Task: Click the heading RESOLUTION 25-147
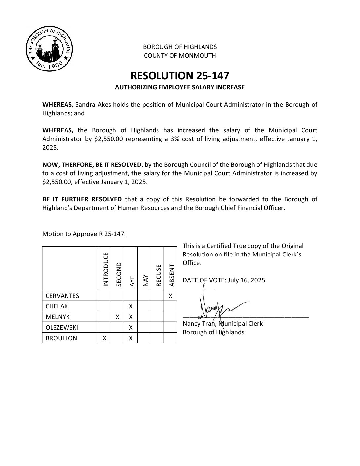180,76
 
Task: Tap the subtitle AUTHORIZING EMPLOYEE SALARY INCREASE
180,87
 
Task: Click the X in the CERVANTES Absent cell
170,296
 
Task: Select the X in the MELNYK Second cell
117,317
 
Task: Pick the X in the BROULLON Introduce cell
104,338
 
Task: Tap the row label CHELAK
57,306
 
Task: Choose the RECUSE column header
158,275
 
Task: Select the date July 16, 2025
246,280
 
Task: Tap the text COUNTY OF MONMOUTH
180,56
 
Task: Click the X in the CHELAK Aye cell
131,306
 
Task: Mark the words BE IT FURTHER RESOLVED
82,199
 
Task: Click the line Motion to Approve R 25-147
84,234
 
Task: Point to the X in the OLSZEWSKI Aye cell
131,327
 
